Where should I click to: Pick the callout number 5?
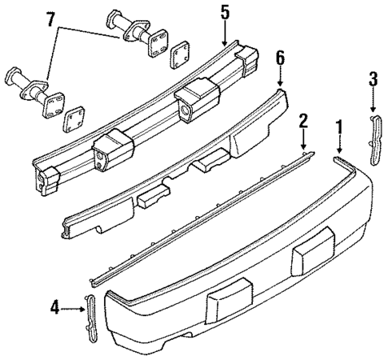[x=225, y=14]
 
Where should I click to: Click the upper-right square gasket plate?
[x=178, y=54]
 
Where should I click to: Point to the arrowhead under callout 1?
[x=338, y=151]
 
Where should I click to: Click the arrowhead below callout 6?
[x=280, y=84]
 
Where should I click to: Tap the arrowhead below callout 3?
[x=373, y=108]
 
